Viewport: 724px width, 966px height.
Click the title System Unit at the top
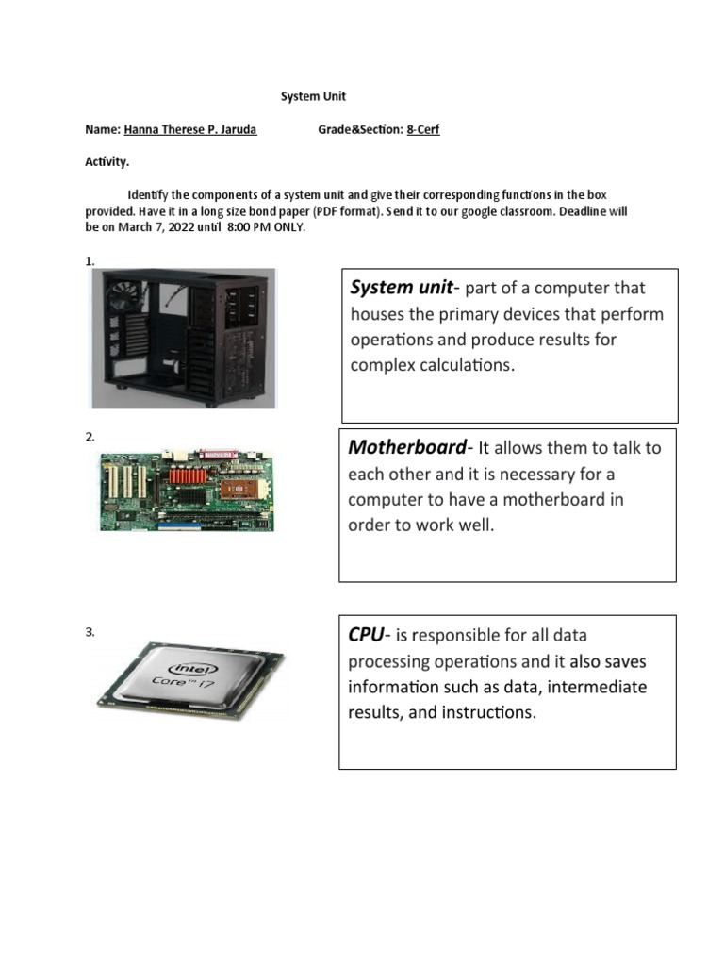pyautogui.click(x=315, y=96)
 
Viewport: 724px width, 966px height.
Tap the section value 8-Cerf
pyautogui.click(x=423, y=129)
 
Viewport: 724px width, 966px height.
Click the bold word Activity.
pyautogui.click(x=107, y=162)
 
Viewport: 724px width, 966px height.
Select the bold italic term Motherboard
pyautogui.click(x=407, y=447)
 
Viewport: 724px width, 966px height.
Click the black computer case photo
pyautogui.click(x=184, y=338)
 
